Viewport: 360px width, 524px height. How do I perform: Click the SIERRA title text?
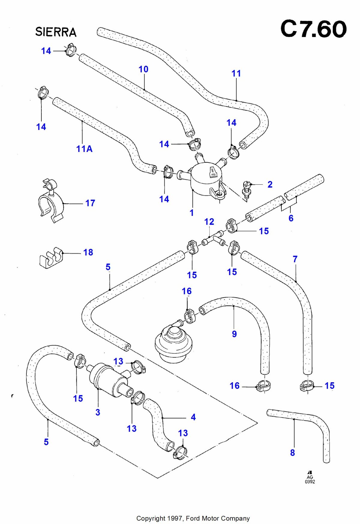coord(56,32)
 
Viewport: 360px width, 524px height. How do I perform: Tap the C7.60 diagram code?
coord(313,29)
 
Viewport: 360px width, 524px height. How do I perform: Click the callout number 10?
coord(143,69)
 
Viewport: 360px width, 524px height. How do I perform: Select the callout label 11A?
coord(84,149)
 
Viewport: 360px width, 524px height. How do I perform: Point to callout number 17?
coord(90,203)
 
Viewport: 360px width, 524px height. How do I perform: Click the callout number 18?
coord(88,253)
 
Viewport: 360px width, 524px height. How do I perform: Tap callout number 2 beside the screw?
coord(270,184)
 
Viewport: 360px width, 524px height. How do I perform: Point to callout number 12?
coord(209,222)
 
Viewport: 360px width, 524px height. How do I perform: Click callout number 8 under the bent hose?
coord(292,453)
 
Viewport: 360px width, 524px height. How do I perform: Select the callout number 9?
coord(234,334)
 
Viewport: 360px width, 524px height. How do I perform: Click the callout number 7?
coord(295,259)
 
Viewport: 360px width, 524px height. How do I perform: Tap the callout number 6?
coord(291,218)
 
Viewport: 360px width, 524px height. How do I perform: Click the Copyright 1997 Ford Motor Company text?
coord(193,518)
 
